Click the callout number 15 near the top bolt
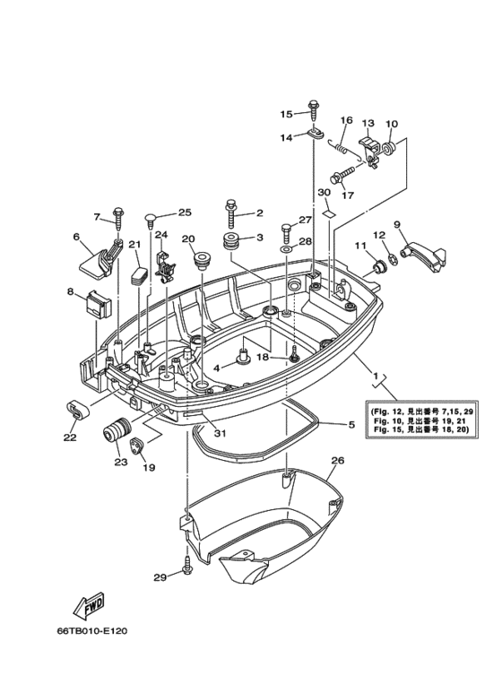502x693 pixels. (x=286, y=114)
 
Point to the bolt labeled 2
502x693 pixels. (x=232, y=215)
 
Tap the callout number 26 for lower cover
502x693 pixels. (x=337, y=461)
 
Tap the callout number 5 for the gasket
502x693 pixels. (x=351, y=424)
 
